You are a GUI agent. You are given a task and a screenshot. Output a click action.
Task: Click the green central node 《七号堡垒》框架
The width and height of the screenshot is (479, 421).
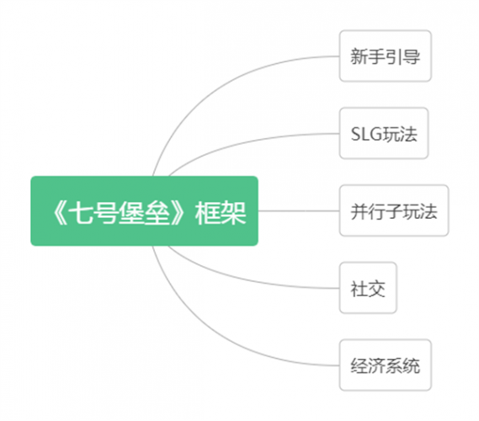point(144,210)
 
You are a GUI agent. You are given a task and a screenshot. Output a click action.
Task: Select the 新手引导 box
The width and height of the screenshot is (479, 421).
point(386,56)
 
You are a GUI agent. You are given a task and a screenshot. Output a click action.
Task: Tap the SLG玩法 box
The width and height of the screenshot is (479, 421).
point(384,133)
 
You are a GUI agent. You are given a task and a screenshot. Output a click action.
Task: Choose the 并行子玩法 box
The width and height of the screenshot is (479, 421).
point(394,210)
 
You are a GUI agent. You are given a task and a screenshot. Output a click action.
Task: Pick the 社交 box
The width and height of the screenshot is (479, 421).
point(368,288)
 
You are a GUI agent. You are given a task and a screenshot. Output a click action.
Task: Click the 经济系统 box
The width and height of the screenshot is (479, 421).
point(386,365)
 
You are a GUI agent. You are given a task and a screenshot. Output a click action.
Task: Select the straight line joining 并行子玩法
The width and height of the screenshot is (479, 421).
point(299,210)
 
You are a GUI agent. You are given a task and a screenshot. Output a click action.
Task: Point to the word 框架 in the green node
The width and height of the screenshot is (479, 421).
point(221,213)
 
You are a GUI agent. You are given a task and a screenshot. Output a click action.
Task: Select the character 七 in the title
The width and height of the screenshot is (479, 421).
point(80,213)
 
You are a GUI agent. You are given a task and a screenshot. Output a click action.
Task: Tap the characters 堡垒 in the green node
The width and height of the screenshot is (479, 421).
point(144,213)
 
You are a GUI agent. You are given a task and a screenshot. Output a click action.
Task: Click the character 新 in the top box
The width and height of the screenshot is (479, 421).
point(359,56)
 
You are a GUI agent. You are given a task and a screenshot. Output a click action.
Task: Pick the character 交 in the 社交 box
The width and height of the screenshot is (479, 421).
point(376,289)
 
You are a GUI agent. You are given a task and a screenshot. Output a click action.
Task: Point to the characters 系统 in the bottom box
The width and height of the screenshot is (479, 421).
point(402,365)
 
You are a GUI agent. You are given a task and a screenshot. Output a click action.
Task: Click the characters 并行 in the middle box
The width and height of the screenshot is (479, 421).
point(368,211)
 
